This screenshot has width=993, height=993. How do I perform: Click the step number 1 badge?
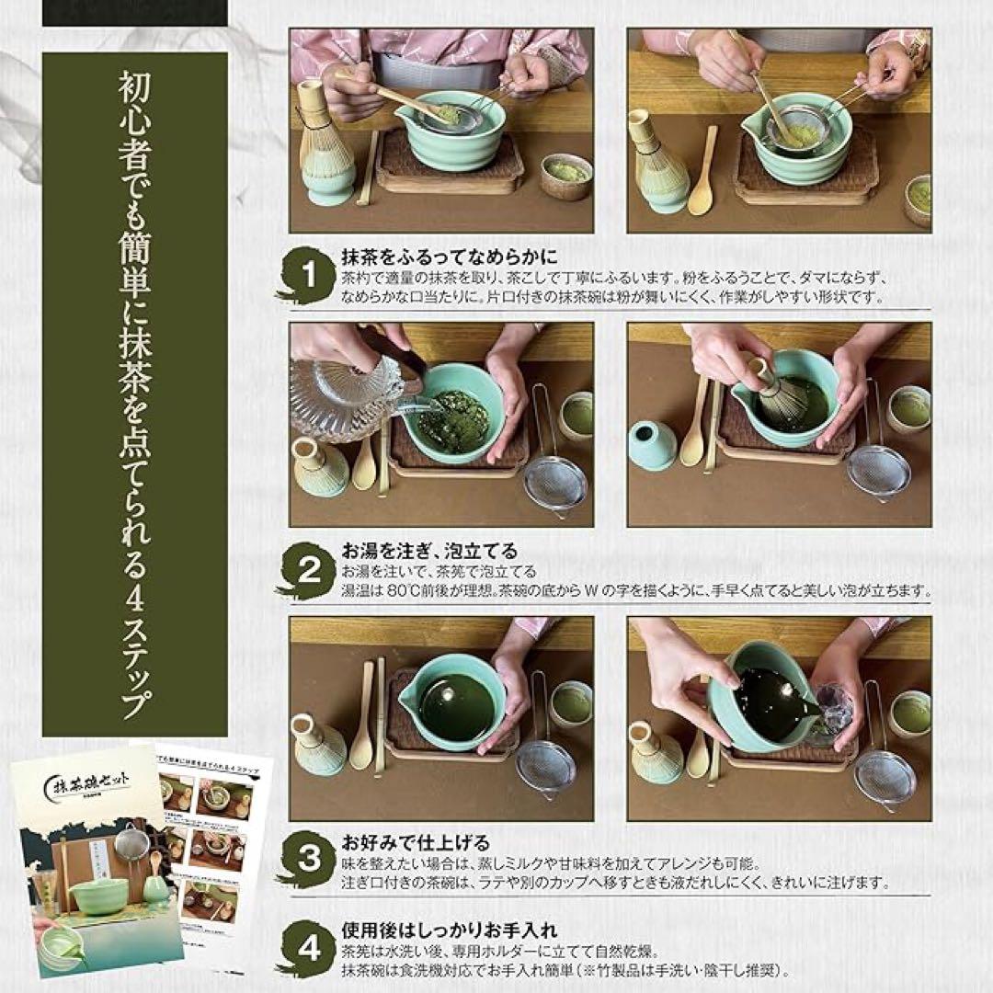click(x=309, y=273)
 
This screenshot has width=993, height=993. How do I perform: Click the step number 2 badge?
click(x=309, y=571)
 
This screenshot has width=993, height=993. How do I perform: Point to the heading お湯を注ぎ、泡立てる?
click(x=416, y=552)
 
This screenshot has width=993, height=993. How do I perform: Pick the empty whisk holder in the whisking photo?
click(x=654, y=446)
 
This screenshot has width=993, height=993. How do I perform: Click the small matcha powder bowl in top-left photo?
click(x=566, y=175)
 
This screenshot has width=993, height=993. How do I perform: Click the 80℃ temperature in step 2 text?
click(x=401, y=592)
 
